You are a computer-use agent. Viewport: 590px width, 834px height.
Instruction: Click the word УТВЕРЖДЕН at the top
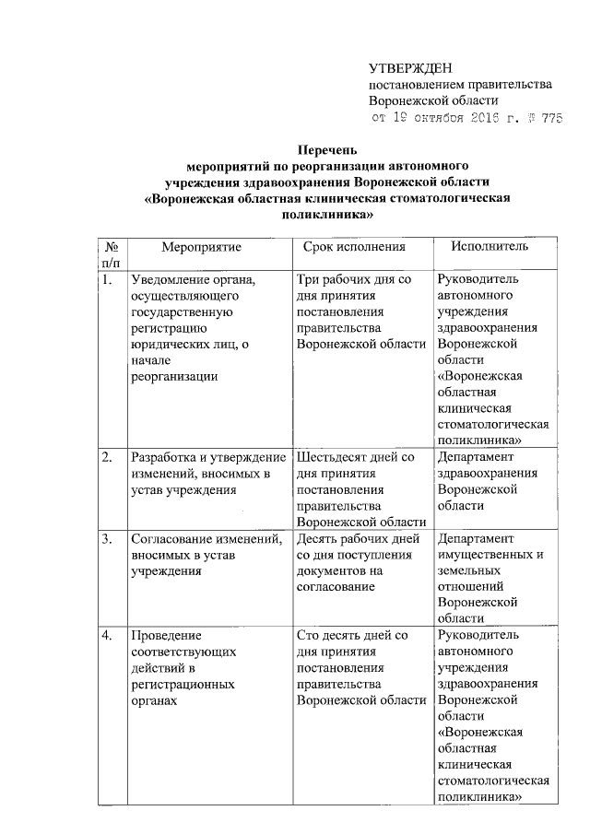tap(407, 68)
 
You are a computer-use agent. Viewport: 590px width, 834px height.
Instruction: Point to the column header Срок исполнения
tap(355, 248)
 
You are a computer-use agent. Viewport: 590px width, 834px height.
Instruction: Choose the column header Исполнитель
tap(490, 248)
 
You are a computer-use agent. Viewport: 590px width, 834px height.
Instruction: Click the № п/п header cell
tap(111, 255)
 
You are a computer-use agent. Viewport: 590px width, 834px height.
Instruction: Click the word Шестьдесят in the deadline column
tap(334, 457)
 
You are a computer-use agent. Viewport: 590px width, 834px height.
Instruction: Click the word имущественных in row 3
tap(482, 556)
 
